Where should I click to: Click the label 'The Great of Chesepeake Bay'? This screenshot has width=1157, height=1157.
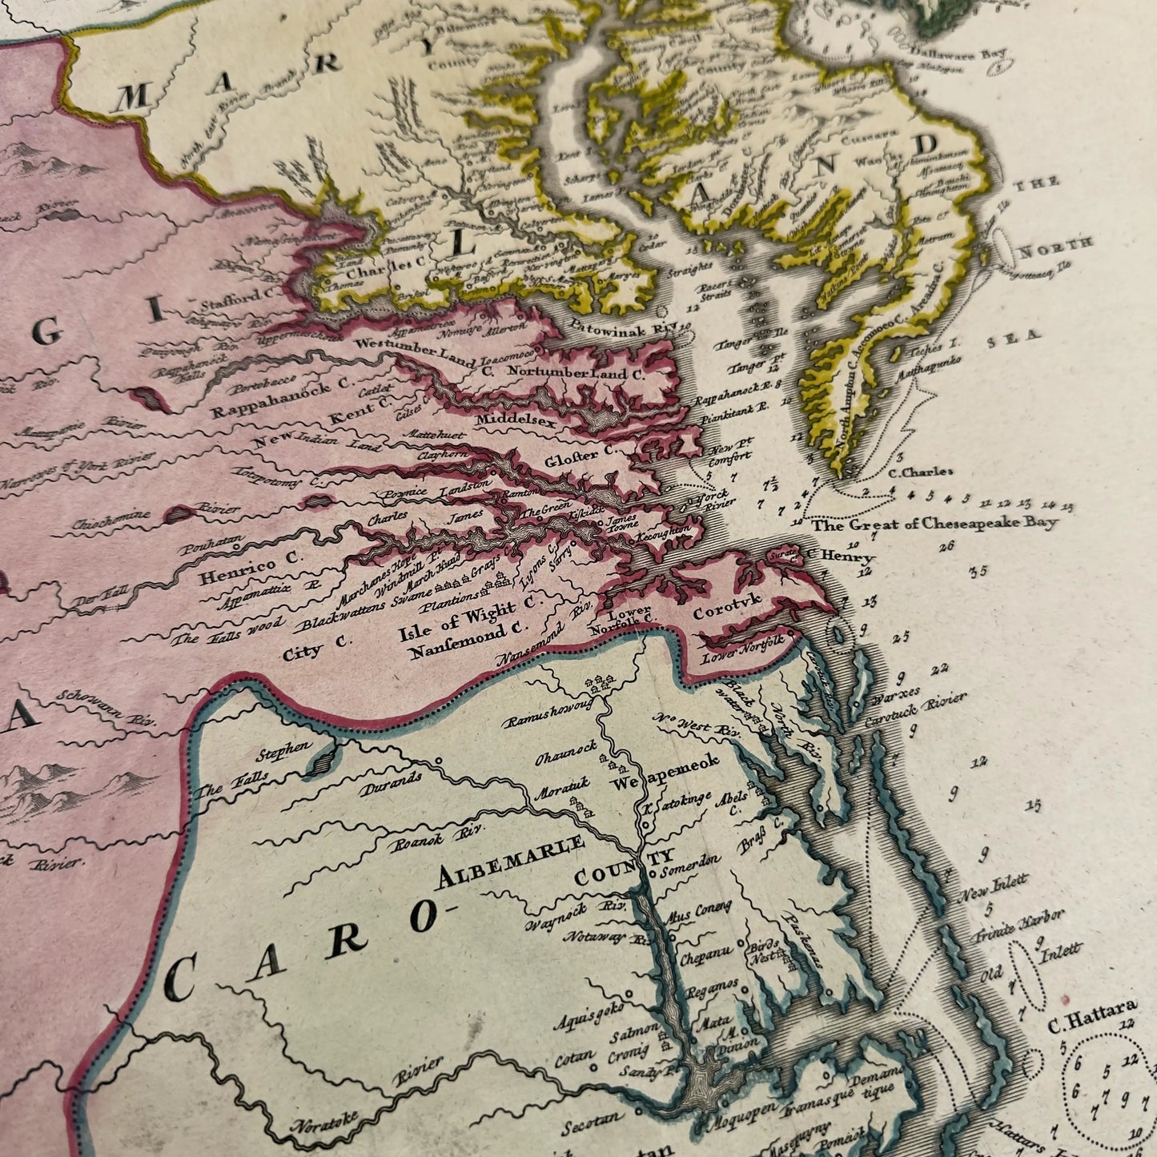(x=934, y=524)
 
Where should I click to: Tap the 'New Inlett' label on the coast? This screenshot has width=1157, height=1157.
(x=993, y=883)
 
